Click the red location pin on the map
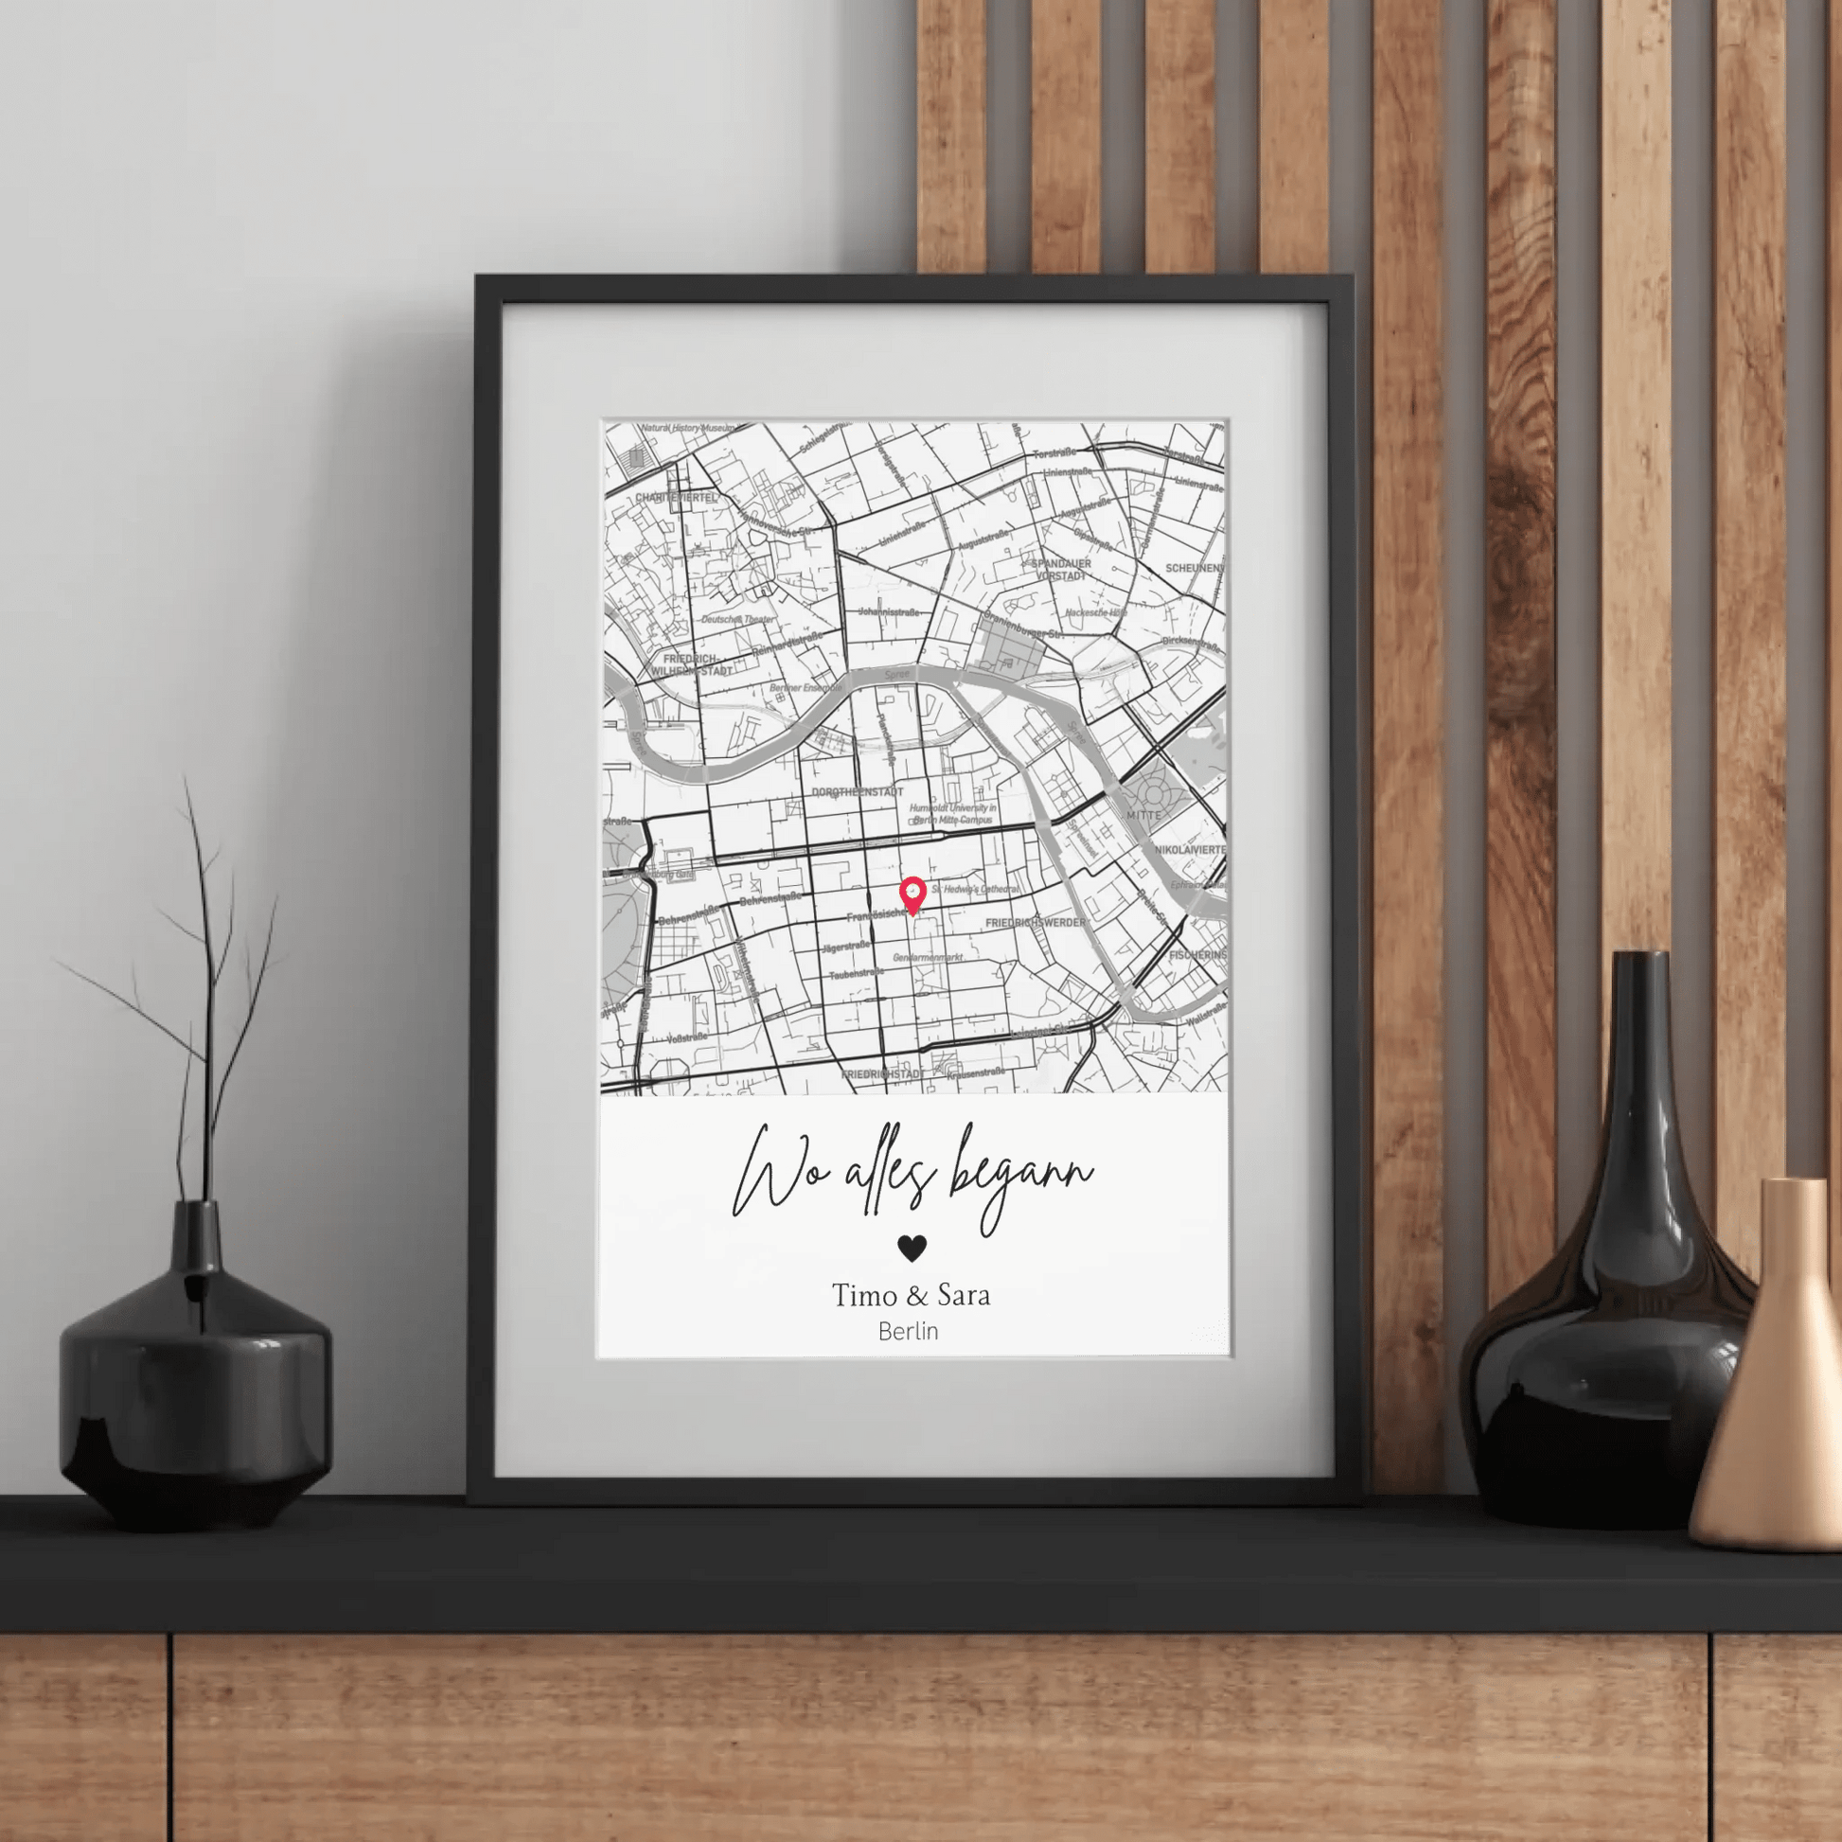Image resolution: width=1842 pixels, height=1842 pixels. coord(912,894)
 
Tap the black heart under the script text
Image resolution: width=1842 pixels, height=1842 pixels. coord(912,1248)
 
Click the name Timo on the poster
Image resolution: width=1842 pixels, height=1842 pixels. coord(864,1296)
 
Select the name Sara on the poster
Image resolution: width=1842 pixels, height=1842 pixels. coord(964,1296)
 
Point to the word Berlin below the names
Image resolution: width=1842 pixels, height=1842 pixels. coord(909,1331)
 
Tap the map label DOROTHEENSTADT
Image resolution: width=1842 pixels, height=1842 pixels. coord(858,792)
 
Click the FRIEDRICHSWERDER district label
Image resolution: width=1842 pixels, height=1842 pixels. coord(1036,923)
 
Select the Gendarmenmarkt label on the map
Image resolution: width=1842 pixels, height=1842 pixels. coord(928,956)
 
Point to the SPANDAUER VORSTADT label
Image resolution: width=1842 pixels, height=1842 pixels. coord(1060,570)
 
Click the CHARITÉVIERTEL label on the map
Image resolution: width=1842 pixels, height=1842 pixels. coord(676,498)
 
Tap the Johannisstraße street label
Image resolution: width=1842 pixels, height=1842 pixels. coord(889,611)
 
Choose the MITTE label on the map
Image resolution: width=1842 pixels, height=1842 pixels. coord(1143,815)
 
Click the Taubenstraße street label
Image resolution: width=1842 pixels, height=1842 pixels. coord(857,975)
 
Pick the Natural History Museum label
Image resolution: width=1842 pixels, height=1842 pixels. coord(688,428)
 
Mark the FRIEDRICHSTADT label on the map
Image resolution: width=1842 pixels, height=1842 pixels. coord(882,1074)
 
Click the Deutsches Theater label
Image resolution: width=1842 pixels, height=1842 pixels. coord(738,620)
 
